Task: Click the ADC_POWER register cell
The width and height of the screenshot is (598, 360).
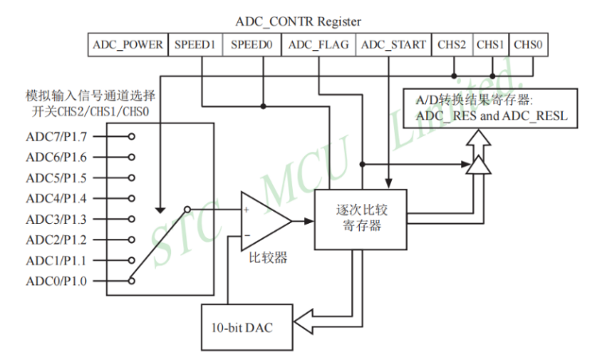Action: pyautogui.click(x=127, y=45)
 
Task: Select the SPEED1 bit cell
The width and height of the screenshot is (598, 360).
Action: pyautogui.click(x=195, y=45)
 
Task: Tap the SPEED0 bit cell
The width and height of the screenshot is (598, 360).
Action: pyautogui.click(x=252, y=45)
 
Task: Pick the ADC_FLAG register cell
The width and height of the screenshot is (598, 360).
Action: pyautogui.click(x=319, y=45)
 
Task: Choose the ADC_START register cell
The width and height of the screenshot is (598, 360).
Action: pyautogui.click(x=393, y=45)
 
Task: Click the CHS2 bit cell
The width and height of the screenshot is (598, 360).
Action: pyautogui.click(x=452, y=45)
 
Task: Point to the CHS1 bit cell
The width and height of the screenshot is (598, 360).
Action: pyautogui.click(x=491, y=45)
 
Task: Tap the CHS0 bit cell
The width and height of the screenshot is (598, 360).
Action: pyautogui.click(x=528, y=45)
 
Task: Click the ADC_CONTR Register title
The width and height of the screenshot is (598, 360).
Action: pyautogui.click(x=298, y=22)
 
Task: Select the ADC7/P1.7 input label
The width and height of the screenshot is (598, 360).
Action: pyautogui.click(x=57, y=136)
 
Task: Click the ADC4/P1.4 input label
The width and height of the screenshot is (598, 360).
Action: pyautogui.click(x=57, y=198)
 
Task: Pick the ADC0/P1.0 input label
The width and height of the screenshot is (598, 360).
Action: pyautogui.click(x=57, y=281)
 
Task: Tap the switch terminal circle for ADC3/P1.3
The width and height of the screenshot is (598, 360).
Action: pyautogui.click(x=131, y=219)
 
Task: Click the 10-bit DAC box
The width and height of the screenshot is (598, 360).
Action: pyautogui.click(x=247, y=327)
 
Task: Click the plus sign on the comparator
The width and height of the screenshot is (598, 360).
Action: pyautogui.click(x=246, y=209)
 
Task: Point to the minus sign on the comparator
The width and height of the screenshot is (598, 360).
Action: pyautogui.click(x=247, y=235)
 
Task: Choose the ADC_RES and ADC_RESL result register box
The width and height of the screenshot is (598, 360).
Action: pyautogui.click(x=491, y=108)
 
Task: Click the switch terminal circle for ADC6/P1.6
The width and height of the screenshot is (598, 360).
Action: pyautogui.click(x=131, y=157)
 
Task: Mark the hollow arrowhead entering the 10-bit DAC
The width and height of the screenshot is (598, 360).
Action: pyautogui.click(x=304, y=322)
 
